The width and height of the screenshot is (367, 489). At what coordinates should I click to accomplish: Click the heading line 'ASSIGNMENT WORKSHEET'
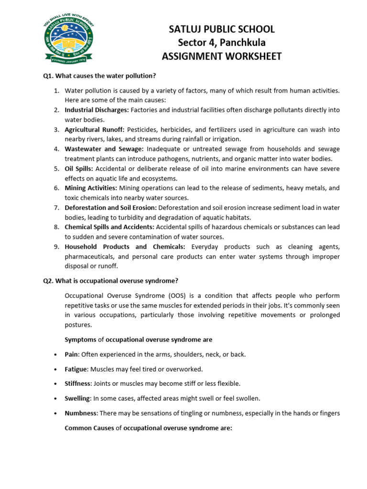click(222, 57)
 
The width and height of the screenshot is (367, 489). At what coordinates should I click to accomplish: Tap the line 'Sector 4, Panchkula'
click(222, 43)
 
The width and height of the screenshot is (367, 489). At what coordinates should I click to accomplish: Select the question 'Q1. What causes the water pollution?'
click(99, 76)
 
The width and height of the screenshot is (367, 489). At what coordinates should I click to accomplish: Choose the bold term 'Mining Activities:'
click(91, 188)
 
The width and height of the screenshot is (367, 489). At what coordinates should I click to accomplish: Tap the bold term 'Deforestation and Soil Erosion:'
click(110, 208)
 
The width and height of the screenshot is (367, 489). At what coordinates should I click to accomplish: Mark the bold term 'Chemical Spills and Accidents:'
click(109, 227)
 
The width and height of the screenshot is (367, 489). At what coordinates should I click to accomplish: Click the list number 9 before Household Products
click(55, 247)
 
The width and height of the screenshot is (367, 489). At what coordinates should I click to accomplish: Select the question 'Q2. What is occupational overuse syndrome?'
click(110, 280)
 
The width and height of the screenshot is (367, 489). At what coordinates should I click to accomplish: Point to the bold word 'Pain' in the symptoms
click(71, 354)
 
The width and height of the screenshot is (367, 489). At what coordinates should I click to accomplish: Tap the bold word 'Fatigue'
click(76, 369)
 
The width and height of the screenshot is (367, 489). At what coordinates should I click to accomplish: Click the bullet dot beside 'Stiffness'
click(56, 384)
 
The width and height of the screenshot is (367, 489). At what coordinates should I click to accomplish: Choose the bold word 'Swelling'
click(77, 398)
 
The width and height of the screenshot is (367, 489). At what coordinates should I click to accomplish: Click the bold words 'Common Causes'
click(89, 428)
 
